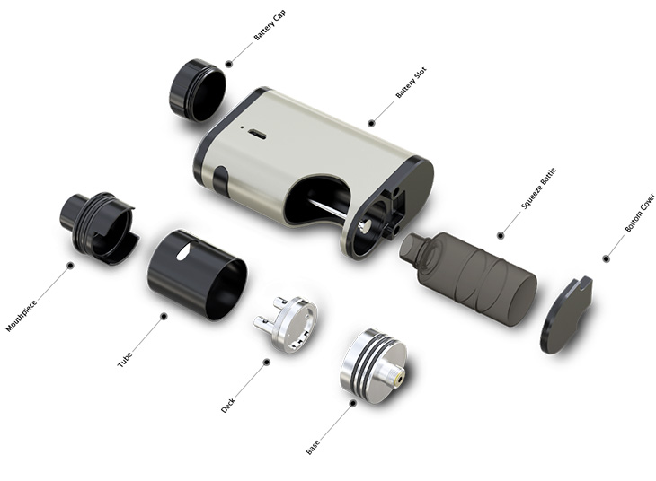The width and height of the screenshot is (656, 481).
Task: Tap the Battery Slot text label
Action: pyautogui.click(x=411, y=82)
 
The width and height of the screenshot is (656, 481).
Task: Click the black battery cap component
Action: pyautogui.click(x=197, y=90)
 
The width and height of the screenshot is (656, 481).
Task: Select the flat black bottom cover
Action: pyautogui.click(x=566, y=314)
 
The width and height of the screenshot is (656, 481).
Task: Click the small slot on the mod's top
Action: pyautogui.click(x=256, y=134)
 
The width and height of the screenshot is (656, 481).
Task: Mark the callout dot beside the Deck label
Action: pyautogui.click(x=266, y=363)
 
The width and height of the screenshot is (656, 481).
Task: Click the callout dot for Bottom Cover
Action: pyautogui.click(x=606, y=258)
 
